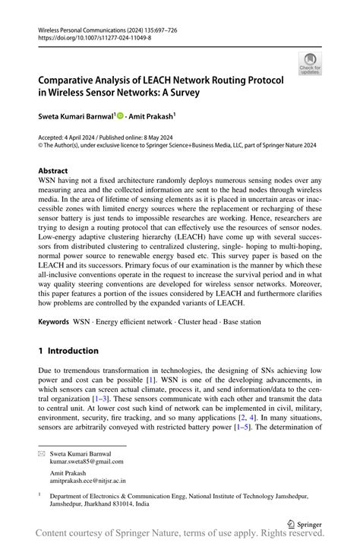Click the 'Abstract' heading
[x=52, y=171]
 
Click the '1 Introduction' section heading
[x=68, y=351]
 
